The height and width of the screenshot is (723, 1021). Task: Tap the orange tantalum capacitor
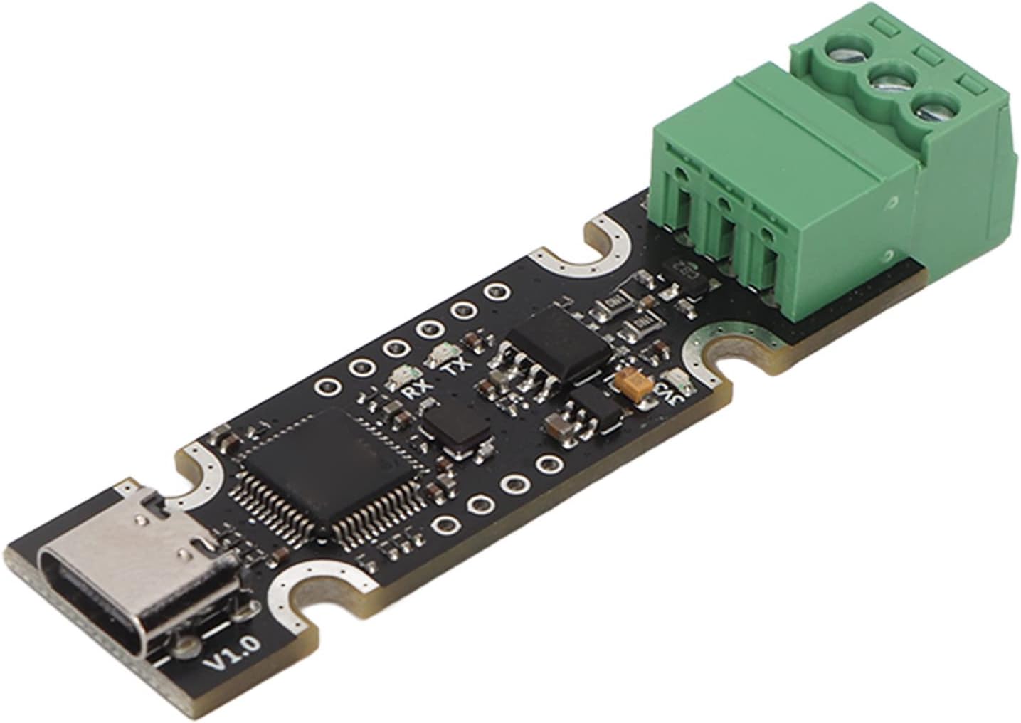(631, 386)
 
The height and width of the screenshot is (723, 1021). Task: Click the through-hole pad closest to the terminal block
(492, 292)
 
